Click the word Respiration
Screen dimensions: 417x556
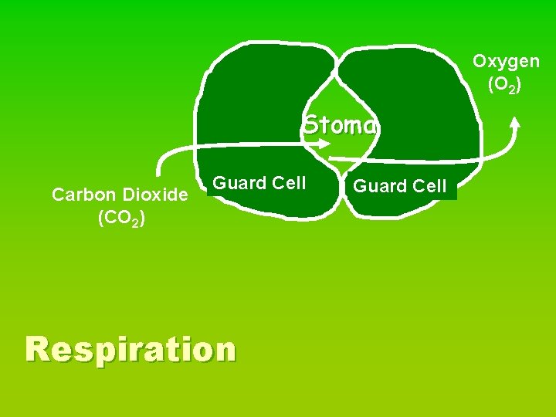pyautogui.click(x=131, y=349)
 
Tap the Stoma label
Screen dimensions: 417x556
pyautogui.click(x=340, y=124)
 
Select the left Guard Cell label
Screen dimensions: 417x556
pyautogui.click(x=259, y=183)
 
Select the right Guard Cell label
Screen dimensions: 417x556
pyautogui.click(x=400, y=186)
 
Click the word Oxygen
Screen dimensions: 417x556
pyautogui.click(x=506, y=61)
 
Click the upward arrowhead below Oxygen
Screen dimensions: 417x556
pyautogui.click(x=515, y=121)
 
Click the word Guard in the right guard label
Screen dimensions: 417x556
pyautogui.click(x=381, y=186)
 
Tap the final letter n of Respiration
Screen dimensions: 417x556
pyautogui.click(x=224, y=350)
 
